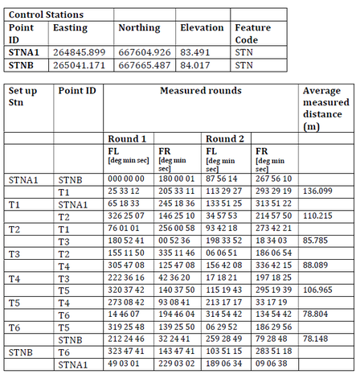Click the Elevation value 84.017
click(197, 65)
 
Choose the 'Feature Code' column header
click(252, 34)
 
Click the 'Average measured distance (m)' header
click(325, 109)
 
